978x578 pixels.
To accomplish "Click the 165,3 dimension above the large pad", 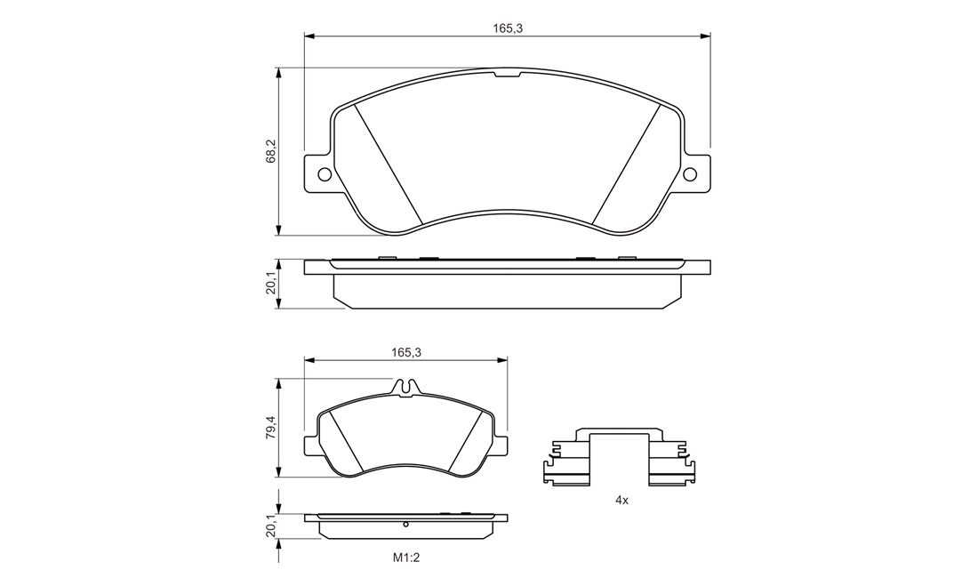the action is [x=507, y=28].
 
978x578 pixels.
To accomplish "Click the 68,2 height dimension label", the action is [x=270, y=151].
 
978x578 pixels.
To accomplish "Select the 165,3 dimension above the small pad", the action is [x=406, y=352].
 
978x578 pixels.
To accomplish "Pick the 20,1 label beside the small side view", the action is [x=270, y=529].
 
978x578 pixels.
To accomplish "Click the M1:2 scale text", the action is [x=406, y=558].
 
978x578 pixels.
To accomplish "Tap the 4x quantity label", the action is [x=621, y=500].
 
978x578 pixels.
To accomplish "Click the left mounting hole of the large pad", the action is [x=325, y=174].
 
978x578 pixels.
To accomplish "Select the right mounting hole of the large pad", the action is [x=690, y=174].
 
